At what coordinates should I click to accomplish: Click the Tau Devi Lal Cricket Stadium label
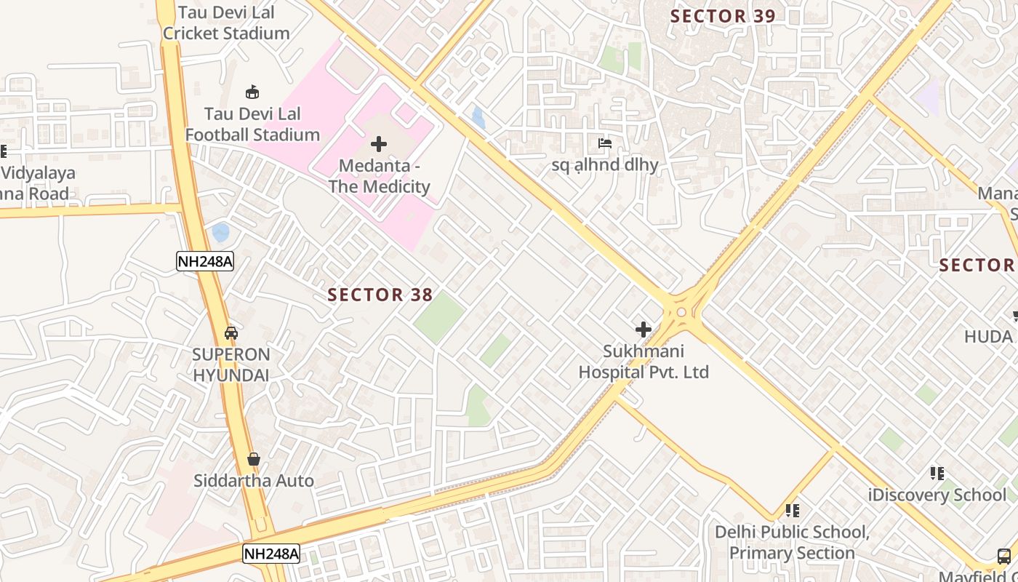pos(226,23)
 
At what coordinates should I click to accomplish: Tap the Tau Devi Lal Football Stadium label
pos(252,124)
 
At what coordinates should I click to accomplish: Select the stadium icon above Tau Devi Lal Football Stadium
pos(252,92)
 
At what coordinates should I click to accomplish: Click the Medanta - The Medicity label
pos(379,176)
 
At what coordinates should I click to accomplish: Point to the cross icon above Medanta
pos(379,144)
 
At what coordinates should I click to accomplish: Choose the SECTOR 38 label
pos(380,295)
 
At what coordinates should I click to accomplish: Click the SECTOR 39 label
pos(723,16)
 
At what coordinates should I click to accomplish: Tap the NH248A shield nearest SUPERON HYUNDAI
pos(205,261)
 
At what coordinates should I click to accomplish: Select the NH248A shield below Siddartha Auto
pos(271,554)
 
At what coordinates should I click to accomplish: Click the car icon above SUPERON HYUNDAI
pos(231,333)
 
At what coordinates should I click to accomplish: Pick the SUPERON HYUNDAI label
pos(231,365)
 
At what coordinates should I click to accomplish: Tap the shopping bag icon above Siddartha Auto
pos(254,459)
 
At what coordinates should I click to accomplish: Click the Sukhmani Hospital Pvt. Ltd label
pos(644,362)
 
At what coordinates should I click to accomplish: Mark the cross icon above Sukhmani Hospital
pos(644,330)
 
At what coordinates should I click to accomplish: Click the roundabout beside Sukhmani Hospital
pos(681,312)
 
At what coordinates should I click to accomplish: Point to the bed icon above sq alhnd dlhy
pos(604,143)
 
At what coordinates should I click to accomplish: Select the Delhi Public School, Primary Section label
pos(792,543)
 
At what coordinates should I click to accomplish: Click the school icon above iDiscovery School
pos(937,474)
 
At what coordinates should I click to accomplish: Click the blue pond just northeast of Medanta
pos(478,118)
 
